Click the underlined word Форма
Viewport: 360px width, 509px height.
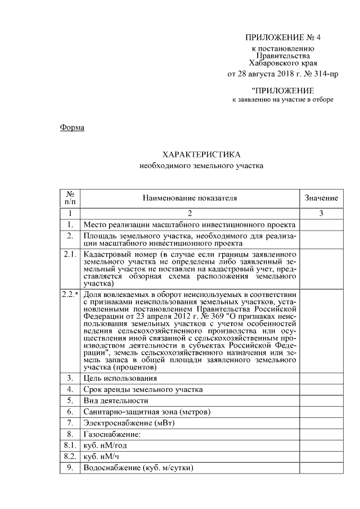(72, 128)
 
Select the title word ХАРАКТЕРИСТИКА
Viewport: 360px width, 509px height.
(201, 154)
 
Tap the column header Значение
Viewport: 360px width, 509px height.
(321, 198)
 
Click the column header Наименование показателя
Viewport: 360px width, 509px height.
(190, 198)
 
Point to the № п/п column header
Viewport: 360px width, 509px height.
(70, 198)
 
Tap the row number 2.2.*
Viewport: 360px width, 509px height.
(70, 294)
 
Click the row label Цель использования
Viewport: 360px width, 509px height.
(120, 378)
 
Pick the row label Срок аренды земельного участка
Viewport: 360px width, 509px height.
(143, 389)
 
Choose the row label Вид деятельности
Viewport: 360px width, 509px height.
(115, 400)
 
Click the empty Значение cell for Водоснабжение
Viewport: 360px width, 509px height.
(321, 467)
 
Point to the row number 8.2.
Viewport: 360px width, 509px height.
(70, 456)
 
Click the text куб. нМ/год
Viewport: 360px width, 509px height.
(104, 445)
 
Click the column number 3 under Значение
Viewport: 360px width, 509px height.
(321, 213)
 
